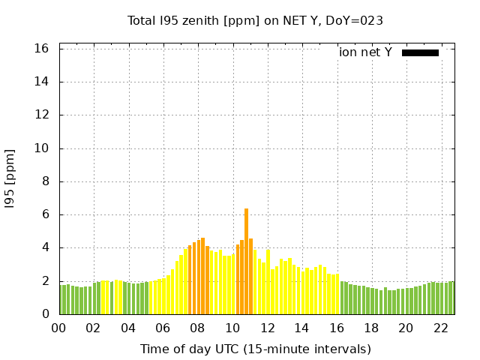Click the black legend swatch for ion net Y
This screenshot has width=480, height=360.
(420, 52)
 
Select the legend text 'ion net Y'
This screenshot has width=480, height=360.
(365, 52)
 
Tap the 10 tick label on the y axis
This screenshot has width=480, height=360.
(43, 148)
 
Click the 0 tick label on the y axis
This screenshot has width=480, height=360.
(46, 314)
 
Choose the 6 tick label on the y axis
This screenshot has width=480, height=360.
(46, 214)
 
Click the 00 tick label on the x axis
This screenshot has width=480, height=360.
(58, 328)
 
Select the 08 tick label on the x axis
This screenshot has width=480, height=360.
(197, 328)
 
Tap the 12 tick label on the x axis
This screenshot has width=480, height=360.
(267, 328)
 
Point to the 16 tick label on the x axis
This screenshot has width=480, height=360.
(337, 328)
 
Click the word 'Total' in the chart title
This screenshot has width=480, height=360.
(142, 21)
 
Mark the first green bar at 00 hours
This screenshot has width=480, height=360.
(61, 299)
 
